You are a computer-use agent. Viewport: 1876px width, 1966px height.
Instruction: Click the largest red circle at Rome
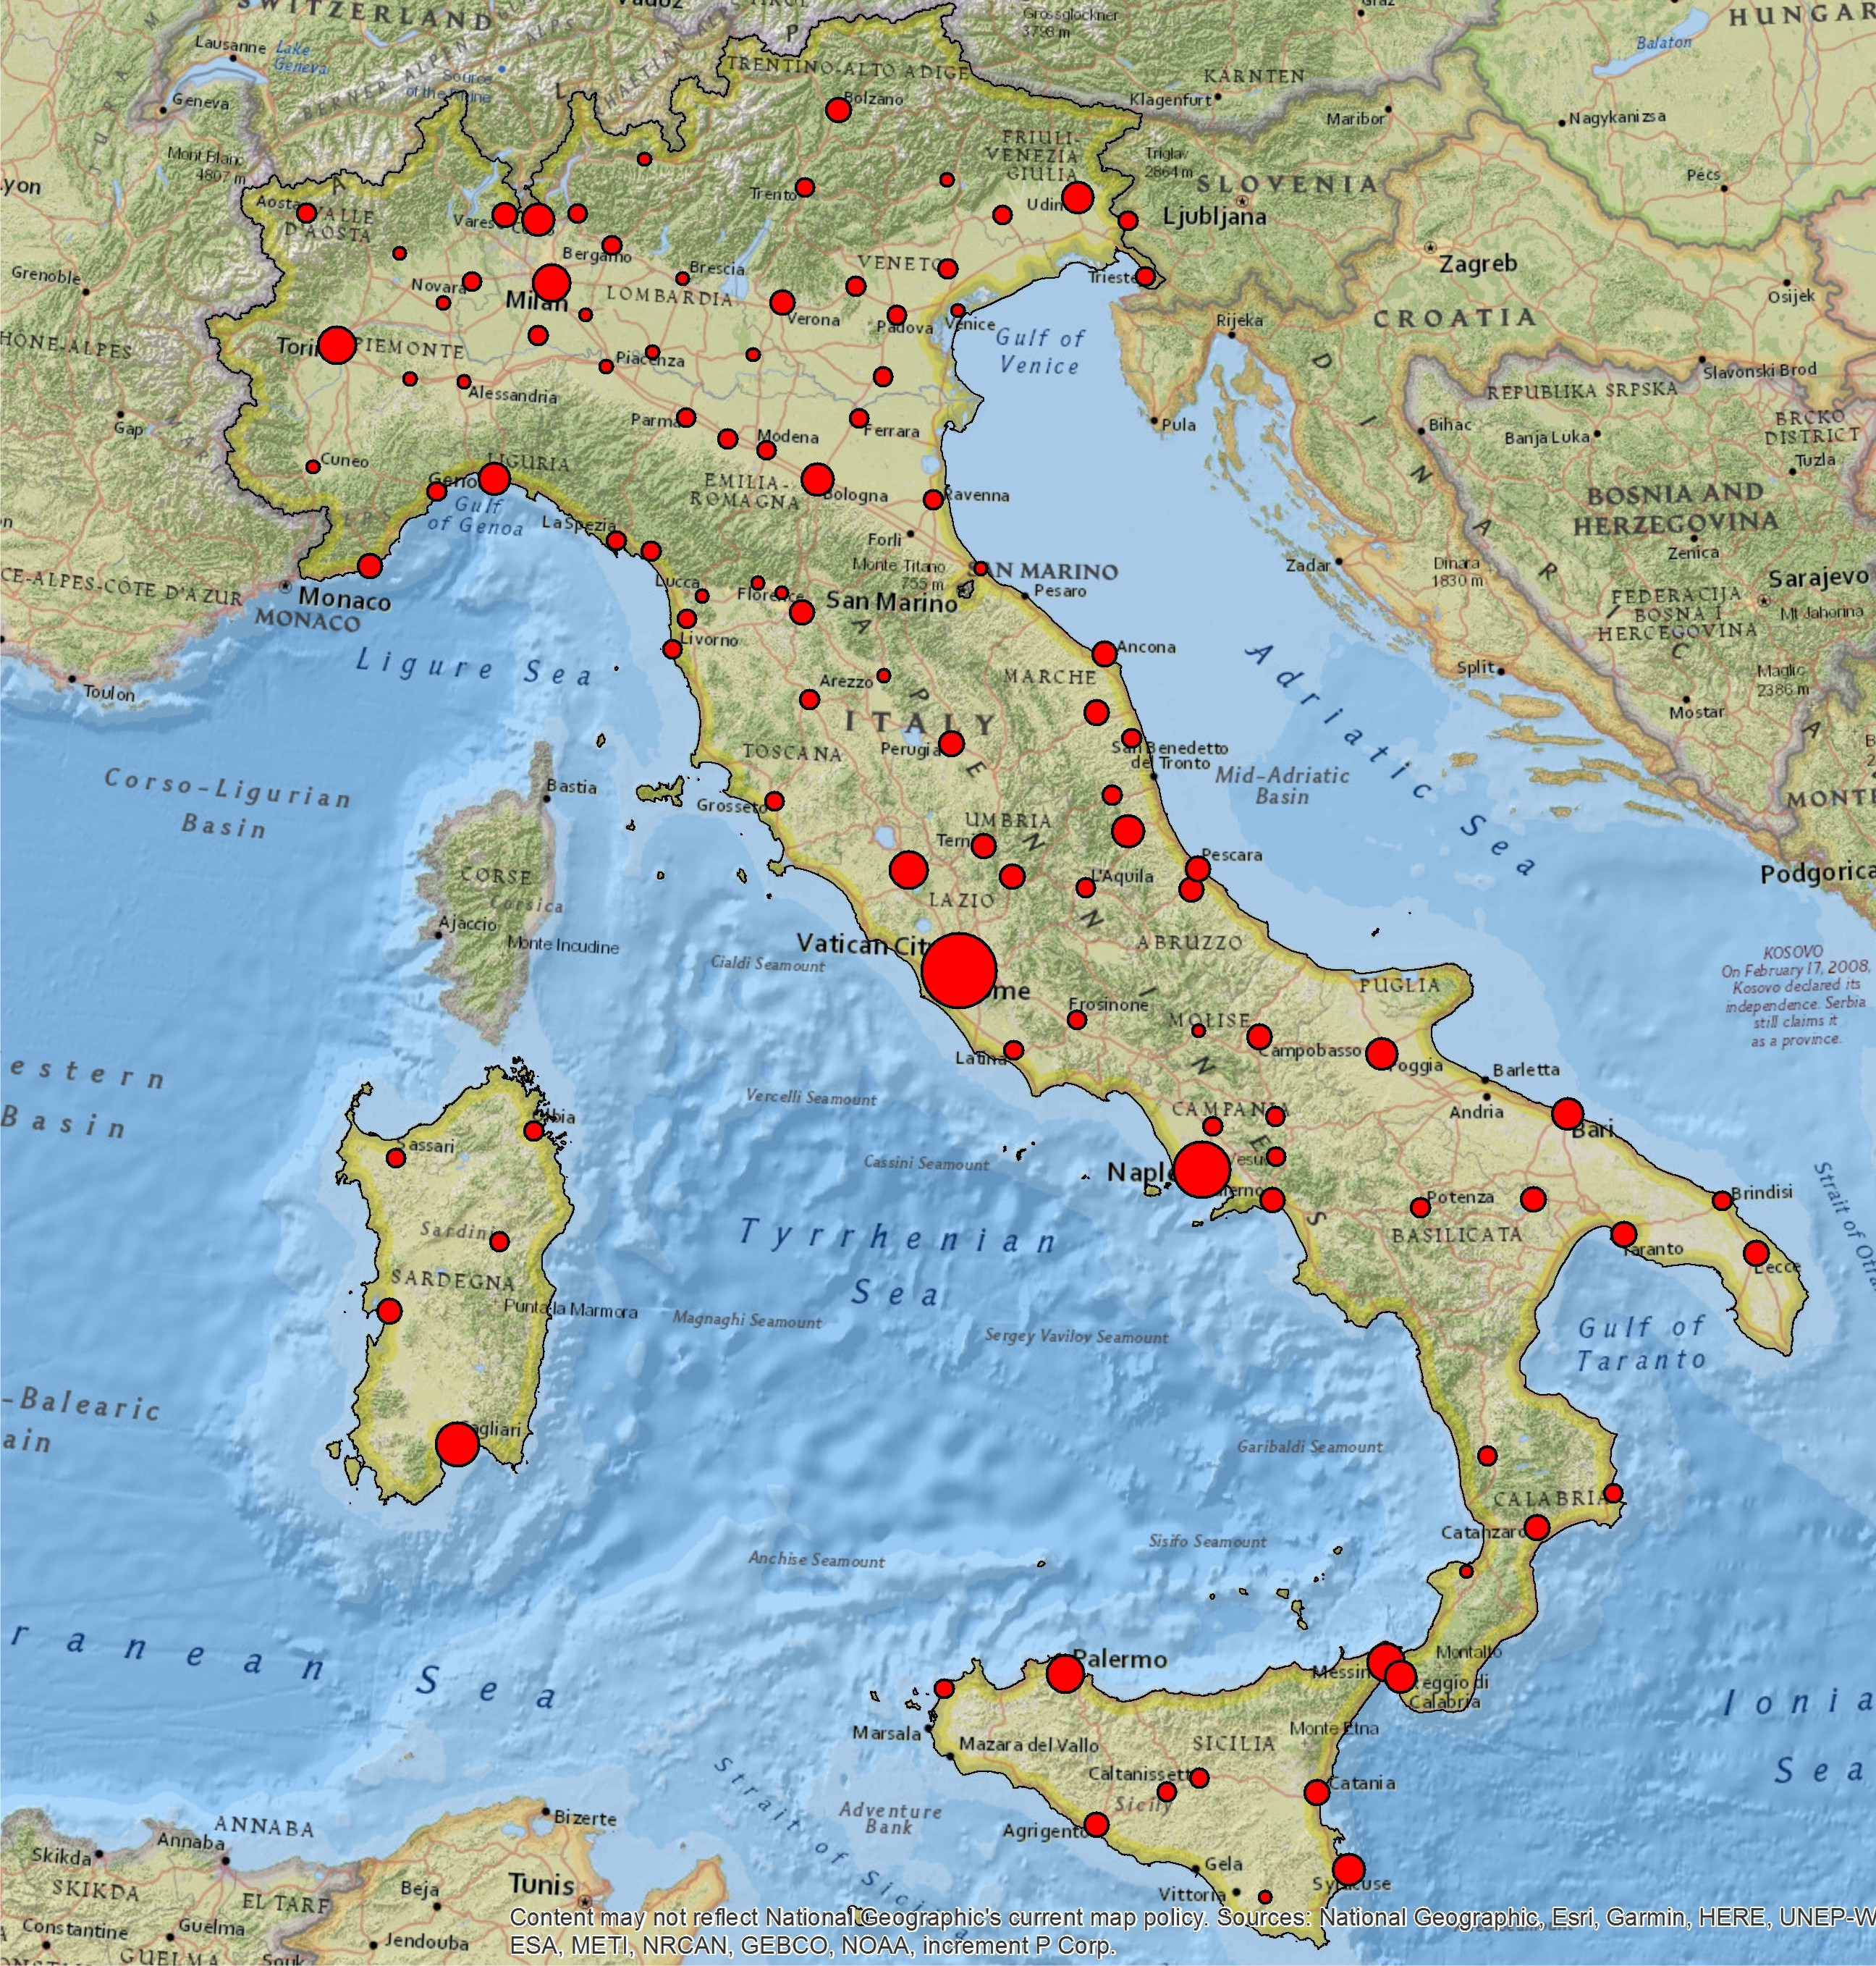958,969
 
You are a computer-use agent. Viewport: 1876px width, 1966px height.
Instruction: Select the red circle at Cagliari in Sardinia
457,1444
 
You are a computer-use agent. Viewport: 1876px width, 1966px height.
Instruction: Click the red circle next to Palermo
1065,1673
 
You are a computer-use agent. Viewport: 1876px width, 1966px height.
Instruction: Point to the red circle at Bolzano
838,110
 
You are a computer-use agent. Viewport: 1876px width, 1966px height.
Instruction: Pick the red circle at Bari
1567,1114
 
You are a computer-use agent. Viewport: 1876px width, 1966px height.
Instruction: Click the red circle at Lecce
1756,1253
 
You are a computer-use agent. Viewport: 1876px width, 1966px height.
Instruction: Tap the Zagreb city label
1477,264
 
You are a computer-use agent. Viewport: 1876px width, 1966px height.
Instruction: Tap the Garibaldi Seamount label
1309,1446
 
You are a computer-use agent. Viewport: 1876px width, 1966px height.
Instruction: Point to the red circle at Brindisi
1722,1200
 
